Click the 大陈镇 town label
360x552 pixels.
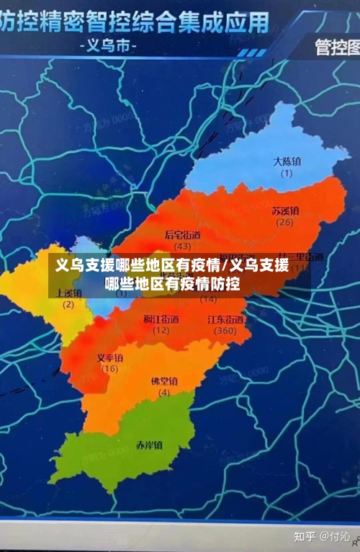tap(287, 161)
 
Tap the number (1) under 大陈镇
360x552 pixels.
tap(287, 173)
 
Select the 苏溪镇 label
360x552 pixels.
tap(285, 210)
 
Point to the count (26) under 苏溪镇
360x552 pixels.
tap(285, 222)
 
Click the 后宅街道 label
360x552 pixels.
tap(183, 234)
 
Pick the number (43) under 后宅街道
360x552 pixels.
tap(183, 246)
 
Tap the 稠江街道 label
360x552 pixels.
tap(161, 319)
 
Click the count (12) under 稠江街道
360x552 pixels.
tap(161, 330)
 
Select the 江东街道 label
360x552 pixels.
tap(225, 319)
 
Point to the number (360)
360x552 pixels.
tap(225, 330)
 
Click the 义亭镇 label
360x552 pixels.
tap(109, 357)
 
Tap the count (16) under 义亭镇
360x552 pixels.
tap(109, 369)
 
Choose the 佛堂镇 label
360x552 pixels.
tap(164, 380)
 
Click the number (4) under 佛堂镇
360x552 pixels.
tap(164, 392)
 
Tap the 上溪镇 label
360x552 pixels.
tap(68, 293)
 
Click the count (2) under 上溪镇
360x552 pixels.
tap(68, 304)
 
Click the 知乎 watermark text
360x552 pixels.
tap(306, 536)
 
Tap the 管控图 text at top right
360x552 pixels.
tap(337, 48)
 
